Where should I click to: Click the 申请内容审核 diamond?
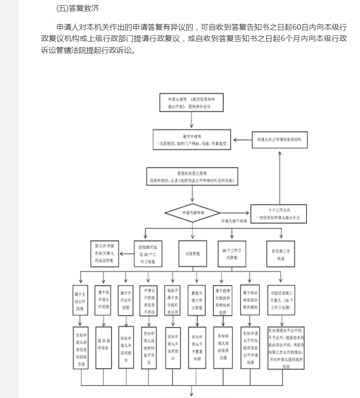[x=192, y=213]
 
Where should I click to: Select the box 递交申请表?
[x=192, y=140]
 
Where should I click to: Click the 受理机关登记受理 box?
[x=192, y=177]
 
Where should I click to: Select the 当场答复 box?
[x=192, y=254]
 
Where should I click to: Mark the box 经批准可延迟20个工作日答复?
[x=148, y=254]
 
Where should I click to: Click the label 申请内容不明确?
[x=234, y=221]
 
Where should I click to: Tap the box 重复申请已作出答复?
[x=196, y=300]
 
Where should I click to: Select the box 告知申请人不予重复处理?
[x=196, y=347]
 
